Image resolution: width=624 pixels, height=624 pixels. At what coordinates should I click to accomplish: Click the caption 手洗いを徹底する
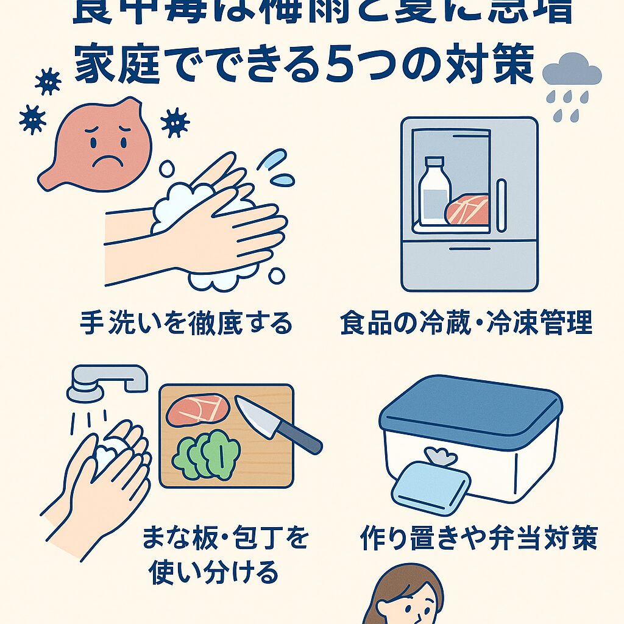coord(186,323)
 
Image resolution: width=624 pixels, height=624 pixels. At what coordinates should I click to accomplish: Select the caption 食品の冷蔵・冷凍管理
coord(466,323)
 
